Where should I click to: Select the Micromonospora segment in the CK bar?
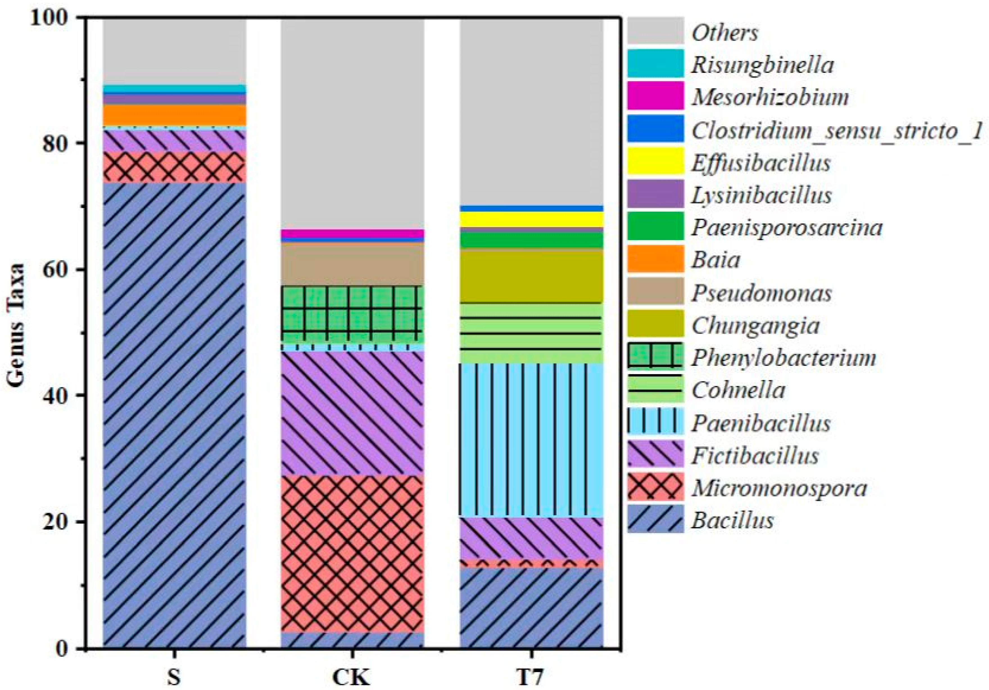tap(352, 553)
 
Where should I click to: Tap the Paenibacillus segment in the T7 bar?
tap(531, 439)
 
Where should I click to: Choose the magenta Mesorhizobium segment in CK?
tap(352, 233)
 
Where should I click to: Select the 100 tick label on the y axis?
tap(51, 18)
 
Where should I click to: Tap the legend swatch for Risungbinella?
tap(655, 63)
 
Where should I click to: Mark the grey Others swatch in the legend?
tap(655, 31)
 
